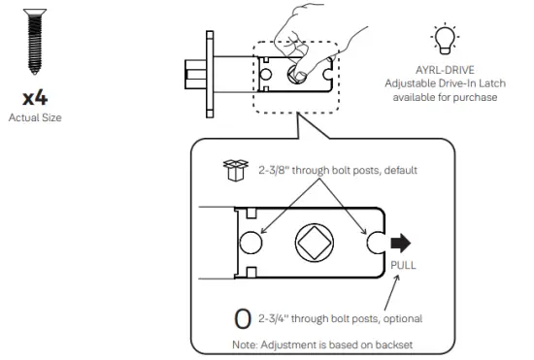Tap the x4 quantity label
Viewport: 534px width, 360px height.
click(35, 99)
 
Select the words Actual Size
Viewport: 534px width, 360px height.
click(35, 117)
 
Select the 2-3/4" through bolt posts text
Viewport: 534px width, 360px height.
click(340, 318)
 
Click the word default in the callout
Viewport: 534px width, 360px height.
click(397, 170)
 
